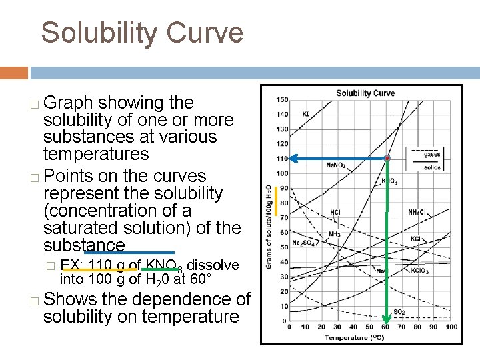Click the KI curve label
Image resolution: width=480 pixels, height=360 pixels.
tap(306, 114)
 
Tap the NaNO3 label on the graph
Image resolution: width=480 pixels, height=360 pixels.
tap(336, 165)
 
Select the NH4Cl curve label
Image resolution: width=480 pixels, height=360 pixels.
tap(419, 211)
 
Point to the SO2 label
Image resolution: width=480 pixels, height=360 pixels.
tap(399, 311)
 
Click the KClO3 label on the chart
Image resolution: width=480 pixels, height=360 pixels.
tap(420, 271)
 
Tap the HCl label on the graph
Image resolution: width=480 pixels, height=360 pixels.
tap(336, 212)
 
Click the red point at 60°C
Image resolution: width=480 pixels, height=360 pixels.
tap(387, 159)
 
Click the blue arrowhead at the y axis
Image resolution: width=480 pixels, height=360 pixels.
tap(293, 159)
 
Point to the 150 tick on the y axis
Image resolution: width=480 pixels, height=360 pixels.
tap(283, 100)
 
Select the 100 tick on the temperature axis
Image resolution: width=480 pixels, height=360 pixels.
tap(451, 327)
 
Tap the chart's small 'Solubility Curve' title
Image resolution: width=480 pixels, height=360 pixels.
tap(365, 93)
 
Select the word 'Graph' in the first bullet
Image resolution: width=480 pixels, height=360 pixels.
tap(69, 103)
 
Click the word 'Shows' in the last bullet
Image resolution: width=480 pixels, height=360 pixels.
tap(73, 299)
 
